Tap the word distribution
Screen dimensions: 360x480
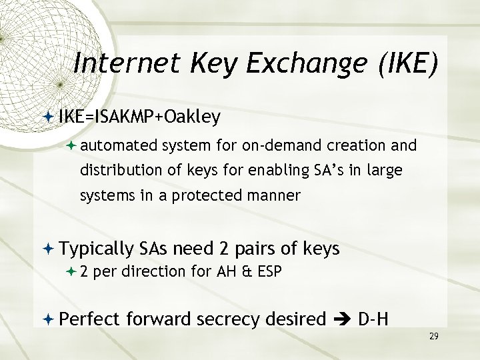(119, 171)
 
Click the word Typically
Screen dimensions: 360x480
(97, 249)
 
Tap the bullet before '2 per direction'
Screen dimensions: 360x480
(71, 272)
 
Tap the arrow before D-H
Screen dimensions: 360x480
(341, 319)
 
